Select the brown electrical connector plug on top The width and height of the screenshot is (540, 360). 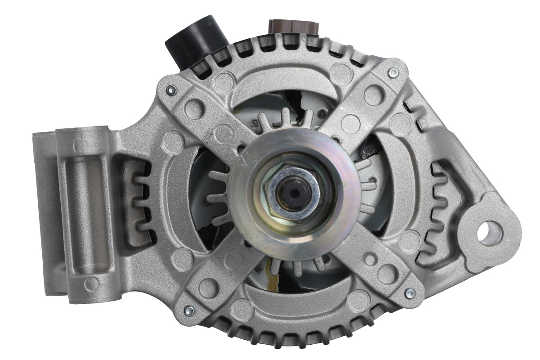(293, 27)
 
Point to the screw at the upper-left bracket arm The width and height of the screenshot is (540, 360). (171, 90)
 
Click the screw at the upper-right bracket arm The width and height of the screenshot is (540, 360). (393, 72)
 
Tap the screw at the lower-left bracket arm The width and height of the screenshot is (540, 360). (189, 310)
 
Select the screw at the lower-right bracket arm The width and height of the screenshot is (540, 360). (409, 293)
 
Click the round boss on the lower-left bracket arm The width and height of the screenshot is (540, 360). (208, 288)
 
